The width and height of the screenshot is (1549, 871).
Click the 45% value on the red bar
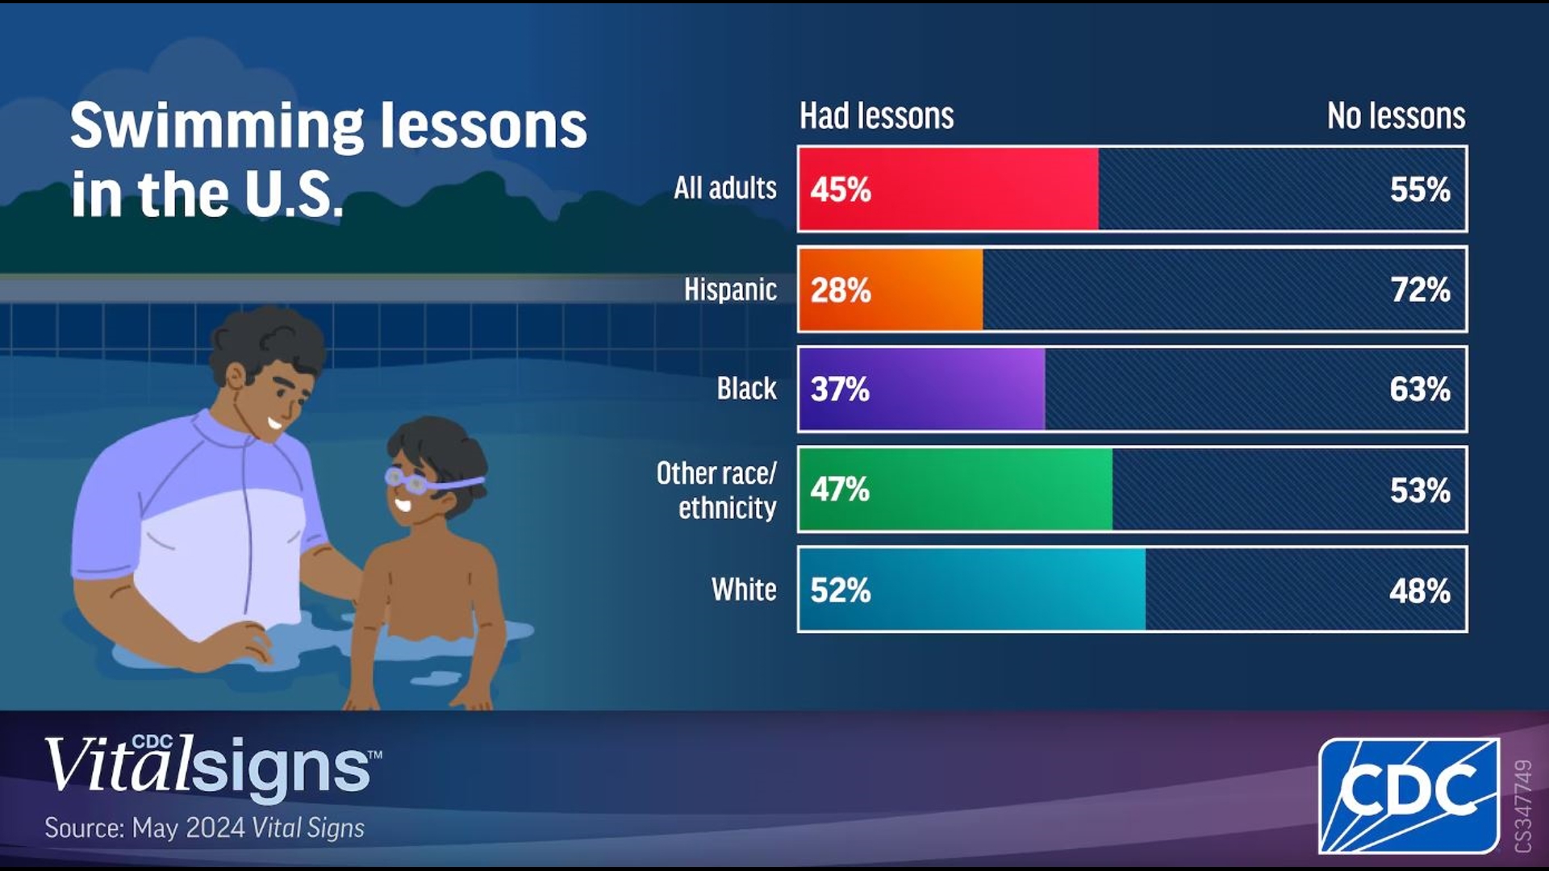click(841, 190)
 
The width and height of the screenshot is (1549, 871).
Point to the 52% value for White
click(841, 590)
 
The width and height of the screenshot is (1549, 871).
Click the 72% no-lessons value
click(1420, 290)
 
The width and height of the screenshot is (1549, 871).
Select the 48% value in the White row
click(1420, 590)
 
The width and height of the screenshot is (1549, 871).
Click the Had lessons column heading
click(877, 116)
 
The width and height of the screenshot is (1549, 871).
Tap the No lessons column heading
click(1396, 116)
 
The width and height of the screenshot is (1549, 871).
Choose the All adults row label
click(725, 188)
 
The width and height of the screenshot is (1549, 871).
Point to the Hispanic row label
click(730, 289)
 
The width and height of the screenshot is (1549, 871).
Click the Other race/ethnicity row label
click(717, 490)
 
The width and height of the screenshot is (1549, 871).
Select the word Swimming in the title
click(217, 127)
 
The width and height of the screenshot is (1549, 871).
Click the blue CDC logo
click(1409, 795)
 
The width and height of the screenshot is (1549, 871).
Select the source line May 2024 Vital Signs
click(205, 828)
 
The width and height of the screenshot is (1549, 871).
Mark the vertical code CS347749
click(1522, 805)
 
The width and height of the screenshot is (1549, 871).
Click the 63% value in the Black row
click(1420, 390)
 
